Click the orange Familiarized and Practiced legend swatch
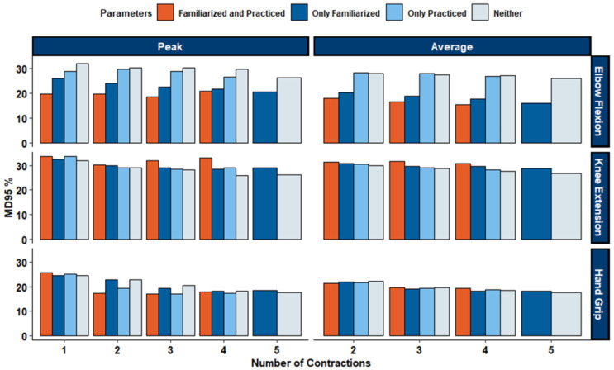click(x=165, y=12)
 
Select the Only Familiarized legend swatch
click(x=299, y=12)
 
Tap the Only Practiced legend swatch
click(x=394, y=12)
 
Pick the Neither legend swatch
click(x=480, y=12)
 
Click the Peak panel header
click(x=170, y=46)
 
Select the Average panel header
click(x=452, y=46)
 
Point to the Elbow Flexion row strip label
click(x=599, y=102)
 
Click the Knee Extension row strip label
click(x=599, y=197)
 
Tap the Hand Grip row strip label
click(x=599, y=295)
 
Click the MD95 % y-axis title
click(x=8, y=197)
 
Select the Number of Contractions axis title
click(x=311, y=363)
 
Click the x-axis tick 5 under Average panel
click(x=551, y=350)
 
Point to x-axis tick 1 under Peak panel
click(x=64, y=350)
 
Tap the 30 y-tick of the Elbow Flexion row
click(x=22, y=69)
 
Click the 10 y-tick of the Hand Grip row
click(x=22, y=311)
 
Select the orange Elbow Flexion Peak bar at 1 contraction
click(x=46, y=119)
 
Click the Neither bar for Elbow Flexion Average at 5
click(x=566, y=111)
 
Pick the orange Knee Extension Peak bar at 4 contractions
click(x=206, y=198)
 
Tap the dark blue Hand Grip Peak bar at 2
click(x=112, y=308)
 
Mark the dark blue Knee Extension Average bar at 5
click(x=536, y=204)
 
